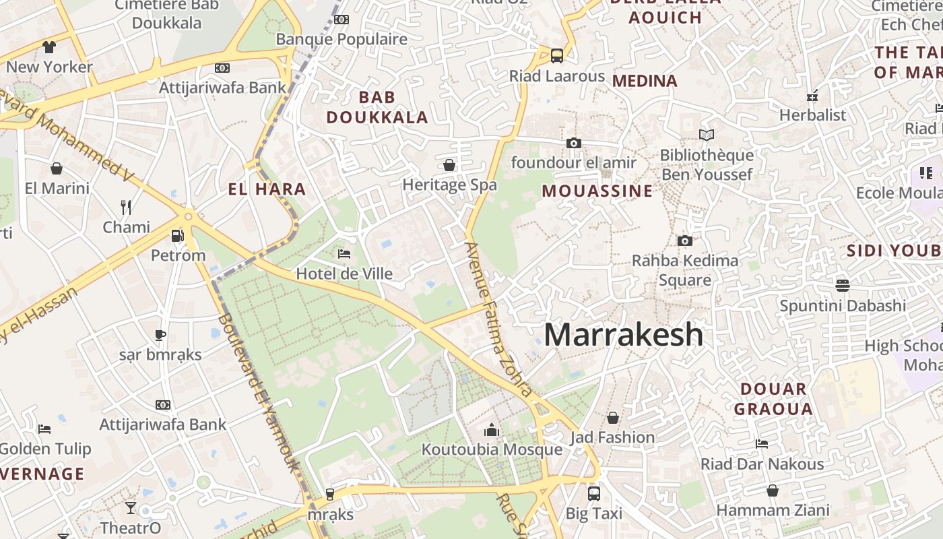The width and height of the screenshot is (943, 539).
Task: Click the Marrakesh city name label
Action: click(623, 335)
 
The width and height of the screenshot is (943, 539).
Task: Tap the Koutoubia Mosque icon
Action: click(492, 430)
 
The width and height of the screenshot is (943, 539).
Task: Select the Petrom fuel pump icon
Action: click(178, 236)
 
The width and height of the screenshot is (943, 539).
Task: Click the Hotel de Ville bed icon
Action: click(344, 254)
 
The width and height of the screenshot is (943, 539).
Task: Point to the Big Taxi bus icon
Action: click(593, 493)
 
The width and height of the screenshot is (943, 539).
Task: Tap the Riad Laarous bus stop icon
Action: click(557, 56)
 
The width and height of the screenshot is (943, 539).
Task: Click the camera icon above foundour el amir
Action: click(574, 143)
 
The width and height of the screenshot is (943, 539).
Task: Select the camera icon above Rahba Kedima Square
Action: click(684, 241)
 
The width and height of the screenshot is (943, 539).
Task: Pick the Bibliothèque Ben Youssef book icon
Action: click(706, 135)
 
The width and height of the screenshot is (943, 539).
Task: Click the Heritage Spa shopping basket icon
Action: click(449, 165)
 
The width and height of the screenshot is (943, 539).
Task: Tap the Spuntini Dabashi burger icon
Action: click(842, 286)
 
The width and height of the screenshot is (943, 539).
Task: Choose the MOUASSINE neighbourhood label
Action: click(597, 191)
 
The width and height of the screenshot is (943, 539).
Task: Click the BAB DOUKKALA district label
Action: click(377, 108)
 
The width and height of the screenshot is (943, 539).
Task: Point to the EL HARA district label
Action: click(267, 189)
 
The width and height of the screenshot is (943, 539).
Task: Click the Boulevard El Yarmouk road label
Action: click(259, 391)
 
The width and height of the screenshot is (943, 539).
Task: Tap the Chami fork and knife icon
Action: click(126, 207)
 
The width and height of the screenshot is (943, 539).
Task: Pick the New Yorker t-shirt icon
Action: click(49, 47)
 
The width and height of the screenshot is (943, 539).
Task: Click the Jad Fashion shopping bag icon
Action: click(612, 418)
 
